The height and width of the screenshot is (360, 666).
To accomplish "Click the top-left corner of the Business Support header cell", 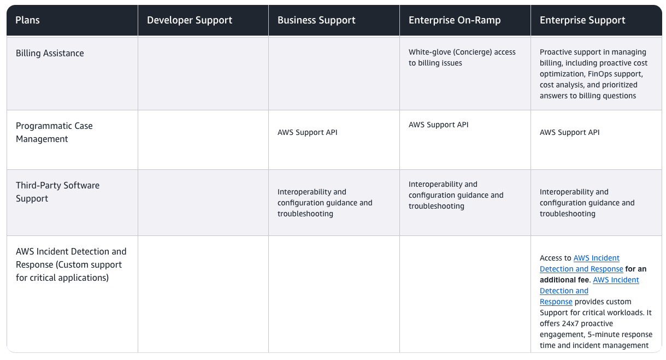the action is pyautogui.click(x=268, y=5).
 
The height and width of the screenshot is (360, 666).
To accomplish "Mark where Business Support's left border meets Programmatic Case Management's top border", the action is pyautogui.click(x=268, y=110).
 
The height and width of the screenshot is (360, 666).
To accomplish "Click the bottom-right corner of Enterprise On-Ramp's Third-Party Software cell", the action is pyautogui.click(x=531, y=236).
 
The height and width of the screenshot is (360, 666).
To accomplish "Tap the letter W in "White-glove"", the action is pyautogui.click(x=412, y=52).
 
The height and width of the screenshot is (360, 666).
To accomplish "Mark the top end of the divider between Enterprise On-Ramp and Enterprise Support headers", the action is pyautogui.click(x=531, y=5).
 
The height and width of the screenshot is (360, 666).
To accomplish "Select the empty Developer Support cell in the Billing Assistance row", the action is pyautogui.click(x=203, y=73).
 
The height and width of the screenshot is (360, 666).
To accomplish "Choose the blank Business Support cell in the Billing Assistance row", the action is pyautogui.click(x=334, y=73).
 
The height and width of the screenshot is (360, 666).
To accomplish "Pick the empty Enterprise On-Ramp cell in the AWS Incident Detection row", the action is pyautogui.click(x=465, y=294).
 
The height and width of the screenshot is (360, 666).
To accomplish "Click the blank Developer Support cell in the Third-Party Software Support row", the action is pyautogui.click(x=203, y=203).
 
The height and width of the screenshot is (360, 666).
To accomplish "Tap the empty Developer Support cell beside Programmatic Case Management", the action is pyautogui.click(x=203, y=140).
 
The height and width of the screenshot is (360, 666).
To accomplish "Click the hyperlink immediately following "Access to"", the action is pyautogui.click(x=581, y=263).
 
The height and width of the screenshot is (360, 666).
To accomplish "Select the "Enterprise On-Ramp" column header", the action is pyautogui.click(x=455, y=20).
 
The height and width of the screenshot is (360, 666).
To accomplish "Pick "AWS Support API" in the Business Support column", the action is pyautogui.click(x=308, y=132).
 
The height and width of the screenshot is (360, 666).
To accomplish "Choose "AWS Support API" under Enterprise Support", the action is pyautogui.click(x=570, y=132).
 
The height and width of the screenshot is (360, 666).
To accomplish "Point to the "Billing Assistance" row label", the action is pyautogui.click(x=50, y=53).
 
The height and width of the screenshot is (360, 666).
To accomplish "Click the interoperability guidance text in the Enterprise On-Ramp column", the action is pyautogui.click(x=456, y=195).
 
